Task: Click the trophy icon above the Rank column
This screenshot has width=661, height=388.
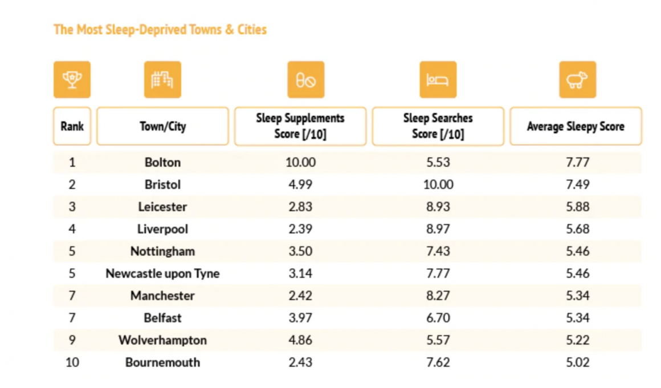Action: click(72, 80)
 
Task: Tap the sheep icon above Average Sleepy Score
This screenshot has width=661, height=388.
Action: click(577, 80)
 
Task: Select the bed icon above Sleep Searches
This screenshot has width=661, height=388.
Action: click(438, 80)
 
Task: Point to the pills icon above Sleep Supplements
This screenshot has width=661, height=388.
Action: click(306, 80)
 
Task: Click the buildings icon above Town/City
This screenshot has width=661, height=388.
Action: click(162, 80)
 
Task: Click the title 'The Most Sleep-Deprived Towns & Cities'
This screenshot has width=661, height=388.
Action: click(160, 30)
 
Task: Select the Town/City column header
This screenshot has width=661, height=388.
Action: click(162, 126)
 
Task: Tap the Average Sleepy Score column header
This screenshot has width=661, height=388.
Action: click(576, 126)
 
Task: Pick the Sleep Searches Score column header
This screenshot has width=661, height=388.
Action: click(438, 126)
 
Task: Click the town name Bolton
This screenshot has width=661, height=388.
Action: click(162, 163)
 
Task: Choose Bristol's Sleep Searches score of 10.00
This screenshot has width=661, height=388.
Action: click(438, 185)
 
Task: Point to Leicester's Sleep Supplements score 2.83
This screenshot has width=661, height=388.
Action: click(300, 207)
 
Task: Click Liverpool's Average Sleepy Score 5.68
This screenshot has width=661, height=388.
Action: click(577, 229)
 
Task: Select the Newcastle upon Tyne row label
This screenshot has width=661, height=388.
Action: click(162, 273)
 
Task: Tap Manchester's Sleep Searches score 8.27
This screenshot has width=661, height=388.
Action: click(438, 296)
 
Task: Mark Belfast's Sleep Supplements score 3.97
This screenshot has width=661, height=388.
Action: click(300, 318)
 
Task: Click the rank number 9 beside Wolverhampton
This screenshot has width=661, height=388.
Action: click(72, 340)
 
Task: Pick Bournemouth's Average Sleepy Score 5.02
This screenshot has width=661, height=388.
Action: click(577, 362)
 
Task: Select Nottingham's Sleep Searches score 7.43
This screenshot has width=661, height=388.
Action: click(438, 251)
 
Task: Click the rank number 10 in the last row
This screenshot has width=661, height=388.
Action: click(72, 362)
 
